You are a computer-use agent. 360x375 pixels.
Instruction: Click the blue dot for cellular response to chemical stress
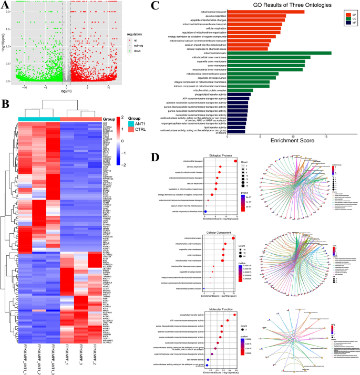point(206,211)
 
